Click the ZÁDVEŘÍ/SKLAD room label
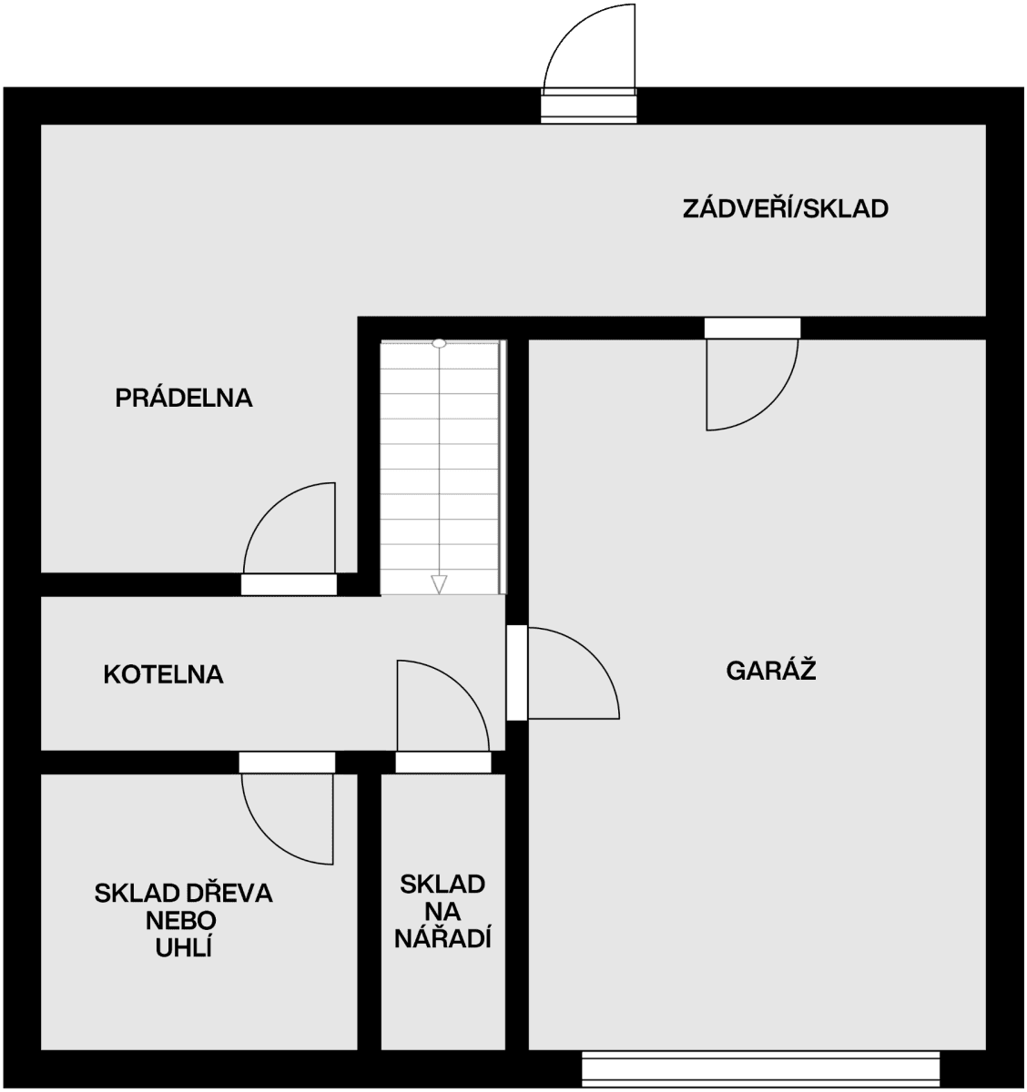click(785, 209)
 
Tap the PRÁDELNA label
click(183, 398)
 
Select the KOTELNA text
click(163, 674)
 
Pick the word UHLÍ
click(183, 947)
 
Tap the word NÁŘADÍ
click(442, 938)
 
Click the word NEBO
click(183, 920)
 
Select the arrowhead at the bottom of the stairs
click(439, 584)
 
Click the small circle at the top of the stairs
click(439, 344)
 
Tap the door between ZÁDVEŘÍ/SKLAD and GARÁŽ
click(752, 329)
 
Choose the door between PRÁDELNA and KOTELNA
click(289, 584)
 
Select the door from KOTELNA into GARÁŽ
click(516, 672)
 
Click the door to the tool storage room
click(442, 763)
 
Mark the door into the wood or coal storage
click(287, 763)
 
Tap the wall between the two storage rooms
click(369, 910)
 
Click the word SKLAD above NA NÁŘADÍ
click(442, 884)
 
